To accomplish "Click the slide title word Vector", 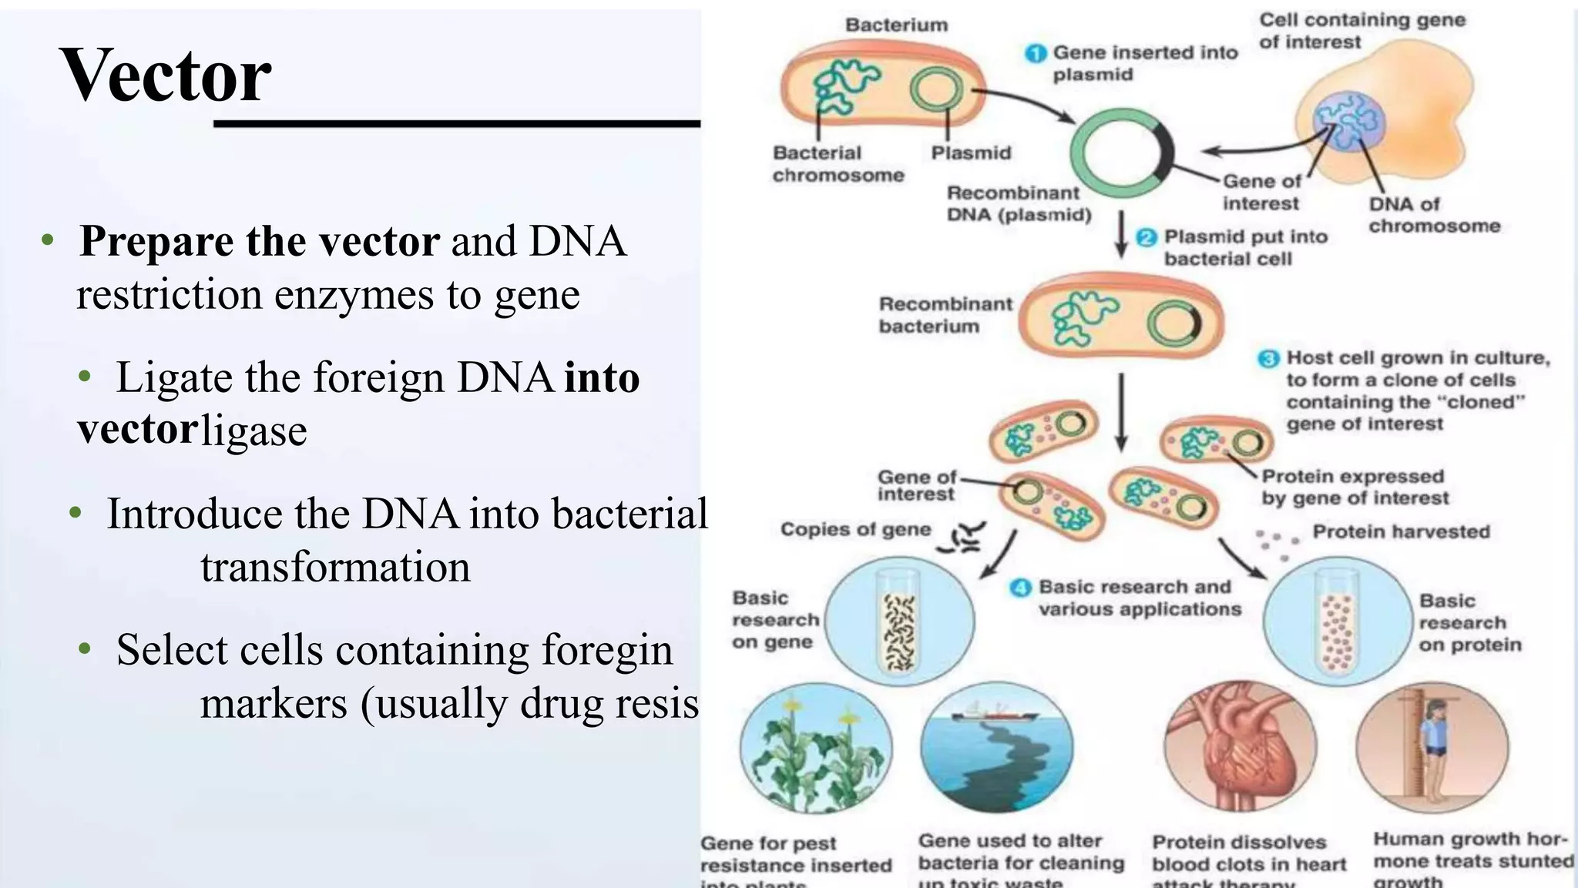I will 166,75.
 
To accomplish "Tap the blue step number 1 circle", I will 1036,53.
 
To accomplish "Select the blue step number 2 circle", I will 1147,237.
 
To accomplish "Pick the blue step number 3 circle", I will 1268,359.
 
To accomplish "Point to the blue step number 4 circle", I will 1020,588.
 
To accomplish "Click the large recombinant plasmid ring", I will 1122,151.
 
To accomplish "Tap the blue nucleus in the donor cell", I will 1349,120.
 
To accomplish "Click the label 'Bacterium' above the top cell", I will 896,25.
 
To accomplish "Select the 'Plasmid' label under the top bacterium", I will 971,152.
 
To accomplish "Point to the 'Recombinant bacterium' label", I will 945,315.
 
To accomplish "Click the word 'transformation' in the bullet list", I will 335,567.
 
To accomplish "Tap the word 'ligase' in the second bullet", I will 254,431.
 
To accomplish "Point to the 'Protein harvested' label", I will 1401,531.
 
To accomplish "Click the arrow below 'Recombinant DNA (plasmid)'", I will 1122,234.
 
